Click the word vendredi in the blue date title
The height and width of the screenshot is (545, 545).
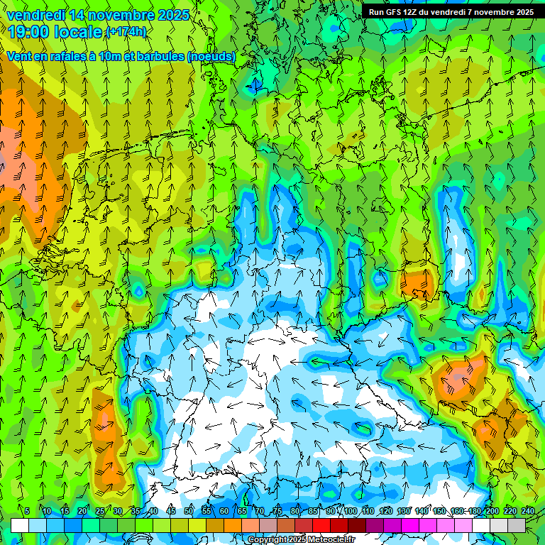(x=36, y=15)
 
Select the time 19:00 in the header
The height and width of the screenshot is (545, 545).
(x=29, y=31)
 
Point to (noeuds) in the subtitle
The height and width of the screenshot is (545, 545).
(x=211, y=56)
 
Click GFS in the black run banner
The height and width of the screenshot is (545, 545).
(x=392, y=11)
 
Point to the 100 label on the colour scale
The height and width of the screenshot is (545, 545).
(x=350, y=511)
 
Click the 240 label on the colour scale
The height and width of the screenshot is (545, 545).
(x=528, y=511)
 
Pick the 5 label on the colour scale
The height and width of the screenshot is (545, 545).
(x=27, y=511)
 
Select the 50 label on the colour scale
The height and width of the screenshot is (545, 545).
(x=188, y=511)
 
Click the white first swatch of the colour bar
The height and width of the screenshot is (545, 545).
(x=20, y=525)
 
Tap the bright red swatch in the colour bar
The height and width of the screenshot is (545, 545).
(x=321, y=525)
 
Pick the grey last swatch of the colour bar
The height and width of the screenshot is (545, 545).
(x=517, y=525)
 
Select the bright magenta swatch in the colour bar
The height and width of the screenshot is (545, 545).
(x=410, y=525)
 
